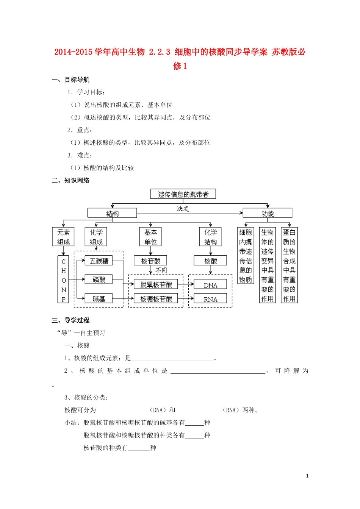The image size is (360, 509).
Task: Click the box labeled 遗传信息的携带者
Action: [183, 194]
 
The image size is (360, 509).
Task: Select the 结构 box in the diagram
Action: [112, 213]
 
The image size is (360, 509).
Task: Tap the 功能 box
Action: [268, 213]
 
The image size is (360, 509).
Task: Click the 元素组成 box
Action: [63, 237]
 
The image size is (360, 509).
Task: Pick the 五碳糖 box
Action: [99, 261]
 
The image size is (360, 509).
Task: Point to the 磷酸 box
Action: [99, 279]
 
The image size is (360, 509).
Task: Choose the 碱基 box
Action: [99, 298]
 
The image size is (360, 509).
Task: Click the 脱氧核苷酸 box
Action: [156, 284]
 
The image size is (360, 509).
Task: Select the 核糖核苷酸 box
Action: [156, 298]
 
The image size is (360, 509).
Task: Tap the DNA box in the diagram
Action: [210, 285]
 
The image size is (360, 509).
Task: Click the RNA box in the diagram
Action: [210, 299]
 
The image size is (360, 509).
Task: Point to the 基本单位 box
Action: [150, 237]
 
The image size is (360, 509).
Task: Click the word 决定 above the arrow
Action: [183, 208]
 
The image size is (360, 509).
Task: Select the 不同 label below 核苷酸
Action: [161, 270]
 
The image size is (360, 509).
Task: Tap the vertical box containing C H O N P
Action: [63, 279]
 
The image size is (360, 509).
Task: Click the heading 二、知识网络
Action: [71, 180]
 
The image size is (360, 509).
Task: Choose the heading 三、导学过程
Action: [71, 320]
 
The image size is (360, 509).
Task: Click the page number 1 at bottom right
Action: [307, 476]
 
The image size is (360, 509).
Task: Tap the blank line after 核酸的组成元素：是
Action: [172, 358]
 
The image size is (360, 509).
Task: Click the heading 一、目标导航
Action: [71, 80]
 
